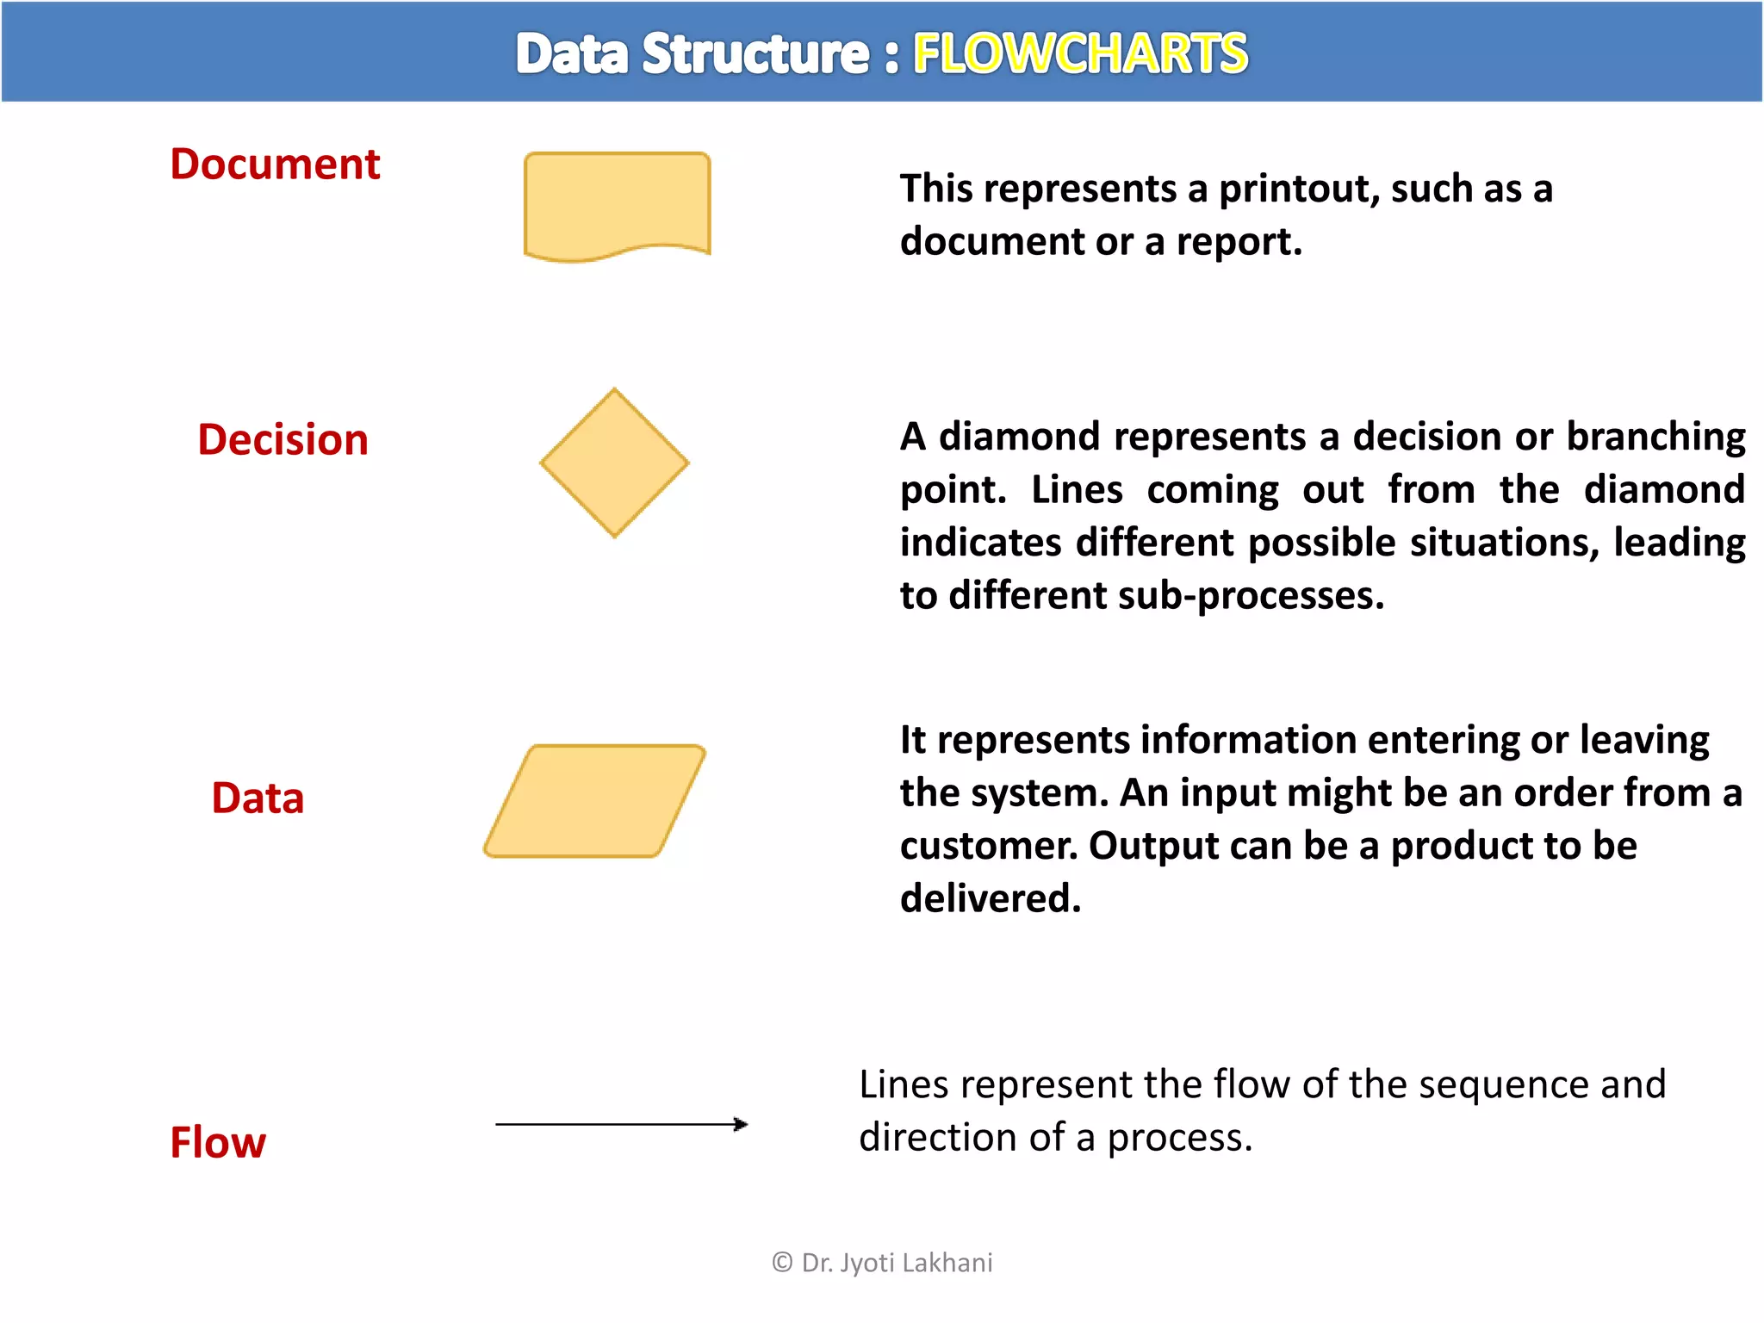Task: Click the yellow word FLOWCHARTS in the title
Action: click(1080, 53)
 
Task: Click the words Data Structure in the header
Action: click(693, 53)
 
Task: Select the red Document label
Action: click(275, 164)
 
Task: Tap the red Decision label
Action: click(283, 439)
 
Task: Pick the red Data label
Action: click(258, 798)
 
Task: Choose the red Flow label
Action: click(218, 1142)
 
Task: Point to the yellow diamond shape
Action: click(614, 463)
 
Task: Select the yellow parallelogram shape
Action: click(594, 801)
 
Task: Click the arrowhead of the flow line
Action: click(741, 1124)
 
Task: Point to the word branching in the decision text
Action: click(1655, 437)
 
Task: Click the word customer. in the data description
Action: click(988, 846)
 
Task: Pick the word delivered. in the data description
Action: click(990, 898)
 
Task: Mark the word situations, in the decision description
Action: click(1505, 543)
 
